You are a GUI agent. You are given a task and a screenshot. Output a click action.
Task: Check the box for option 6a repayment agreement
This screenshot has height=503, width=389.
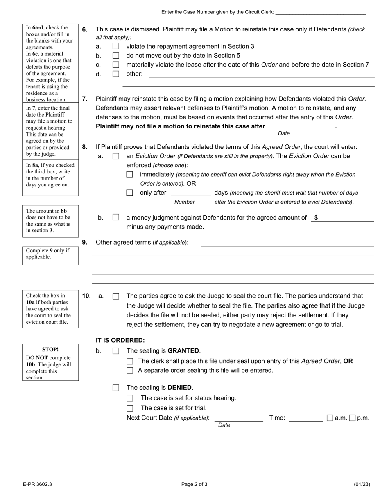[x=116, y=47]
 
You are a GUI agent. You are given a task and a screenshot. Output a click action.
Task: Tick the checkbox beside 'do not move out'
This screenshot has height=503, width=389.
[x=116, y=56]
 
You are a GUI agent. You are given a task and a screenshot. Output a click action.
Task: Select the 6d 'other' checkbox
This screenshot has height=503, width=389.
[x=116, y=74]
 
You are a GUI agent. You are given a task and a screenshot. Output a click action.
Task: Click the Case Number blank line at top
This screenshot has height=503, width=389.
[x=320, y=12]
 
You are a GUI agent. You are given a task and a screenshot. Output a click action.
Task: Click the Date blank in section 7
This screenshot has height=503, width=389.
[x=302, y=126]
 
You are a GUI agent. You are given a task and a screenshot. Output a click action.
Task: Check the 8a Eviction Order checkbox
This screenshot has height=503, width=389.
[x=116, y=156]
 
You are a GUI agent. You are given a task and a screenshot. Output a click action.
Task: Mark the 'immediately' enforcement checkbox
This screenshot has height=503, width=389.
[x=130, y=175]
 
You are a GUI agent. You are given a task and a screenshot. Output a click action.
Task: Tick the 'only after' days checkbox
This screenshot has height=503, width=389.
[x=130, y=193]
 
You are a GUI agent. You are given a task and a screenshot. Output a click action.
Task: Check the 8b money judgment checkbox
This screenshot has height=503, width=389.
[x=116, y=218]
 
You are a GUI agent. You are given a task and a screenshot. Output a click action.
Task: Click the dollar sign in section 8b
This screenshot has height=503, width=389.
[x=316, y=218]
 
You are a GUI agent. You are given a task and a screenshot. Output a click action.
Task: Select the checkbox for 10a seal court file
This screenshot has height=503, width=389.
[x=116, y=296]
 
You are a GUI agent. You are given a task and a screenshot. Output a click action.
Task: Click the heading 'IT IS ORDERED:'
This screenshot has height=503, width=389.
[x=120, y=340]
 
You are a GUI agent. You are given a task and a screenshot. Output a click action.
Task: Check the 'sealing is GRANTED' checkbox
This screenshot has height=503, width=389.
[x=116, y=351]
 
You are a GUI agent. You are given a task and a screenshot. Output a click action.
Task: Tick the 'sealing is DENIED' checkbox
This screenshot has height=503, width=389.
[x=116, y=388]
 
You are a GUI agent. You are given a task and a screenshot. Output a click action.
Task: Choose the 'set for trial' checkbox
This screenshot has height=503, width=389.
[x=130, y=408]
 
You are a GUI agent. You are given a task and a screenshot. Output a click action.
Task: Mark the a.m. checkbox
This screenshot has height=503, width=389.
[x=330, y=418]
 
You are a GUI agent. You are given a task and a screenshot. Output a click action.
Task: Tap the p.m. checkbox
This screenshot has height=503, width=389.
[x=352, y=418]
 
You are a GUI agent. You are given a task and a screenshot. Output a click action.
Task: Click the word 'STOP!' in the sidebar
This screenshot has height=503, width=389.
[x=50, y=350]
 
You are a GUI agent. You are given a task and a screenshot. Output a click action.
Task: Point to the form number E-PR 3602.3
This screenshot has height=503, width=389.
[x=38, y=485]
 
